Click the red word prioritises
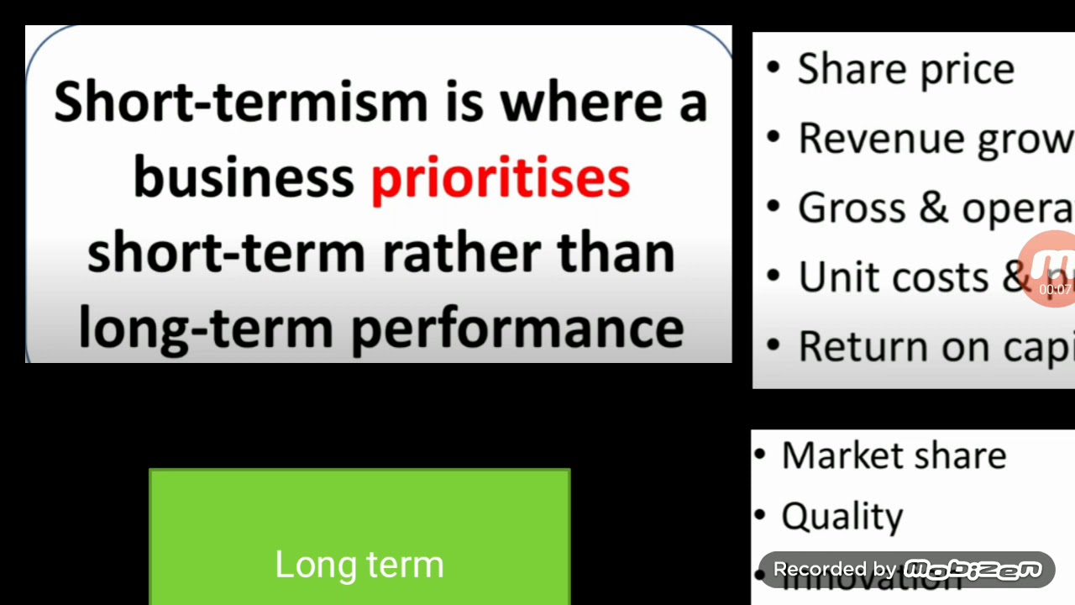[x=500, y=178]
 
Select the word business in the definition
[x=244, y=178]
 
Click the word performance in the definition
[x=517, y=328]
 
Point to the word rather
[x=461, y=253]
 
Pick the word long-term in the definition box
[x=206, y=328]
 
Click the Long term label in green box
[x=359, y=565]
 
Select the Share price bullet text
[x=905, y=69]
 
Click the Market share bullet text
[x=894, y=455]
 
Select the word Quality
[x=842, y=517]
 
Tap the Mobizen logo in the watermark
[x=973, y=570]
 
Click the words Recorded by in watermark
[x=835, y=570]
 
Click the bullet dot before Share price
[x=773, y=68]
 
